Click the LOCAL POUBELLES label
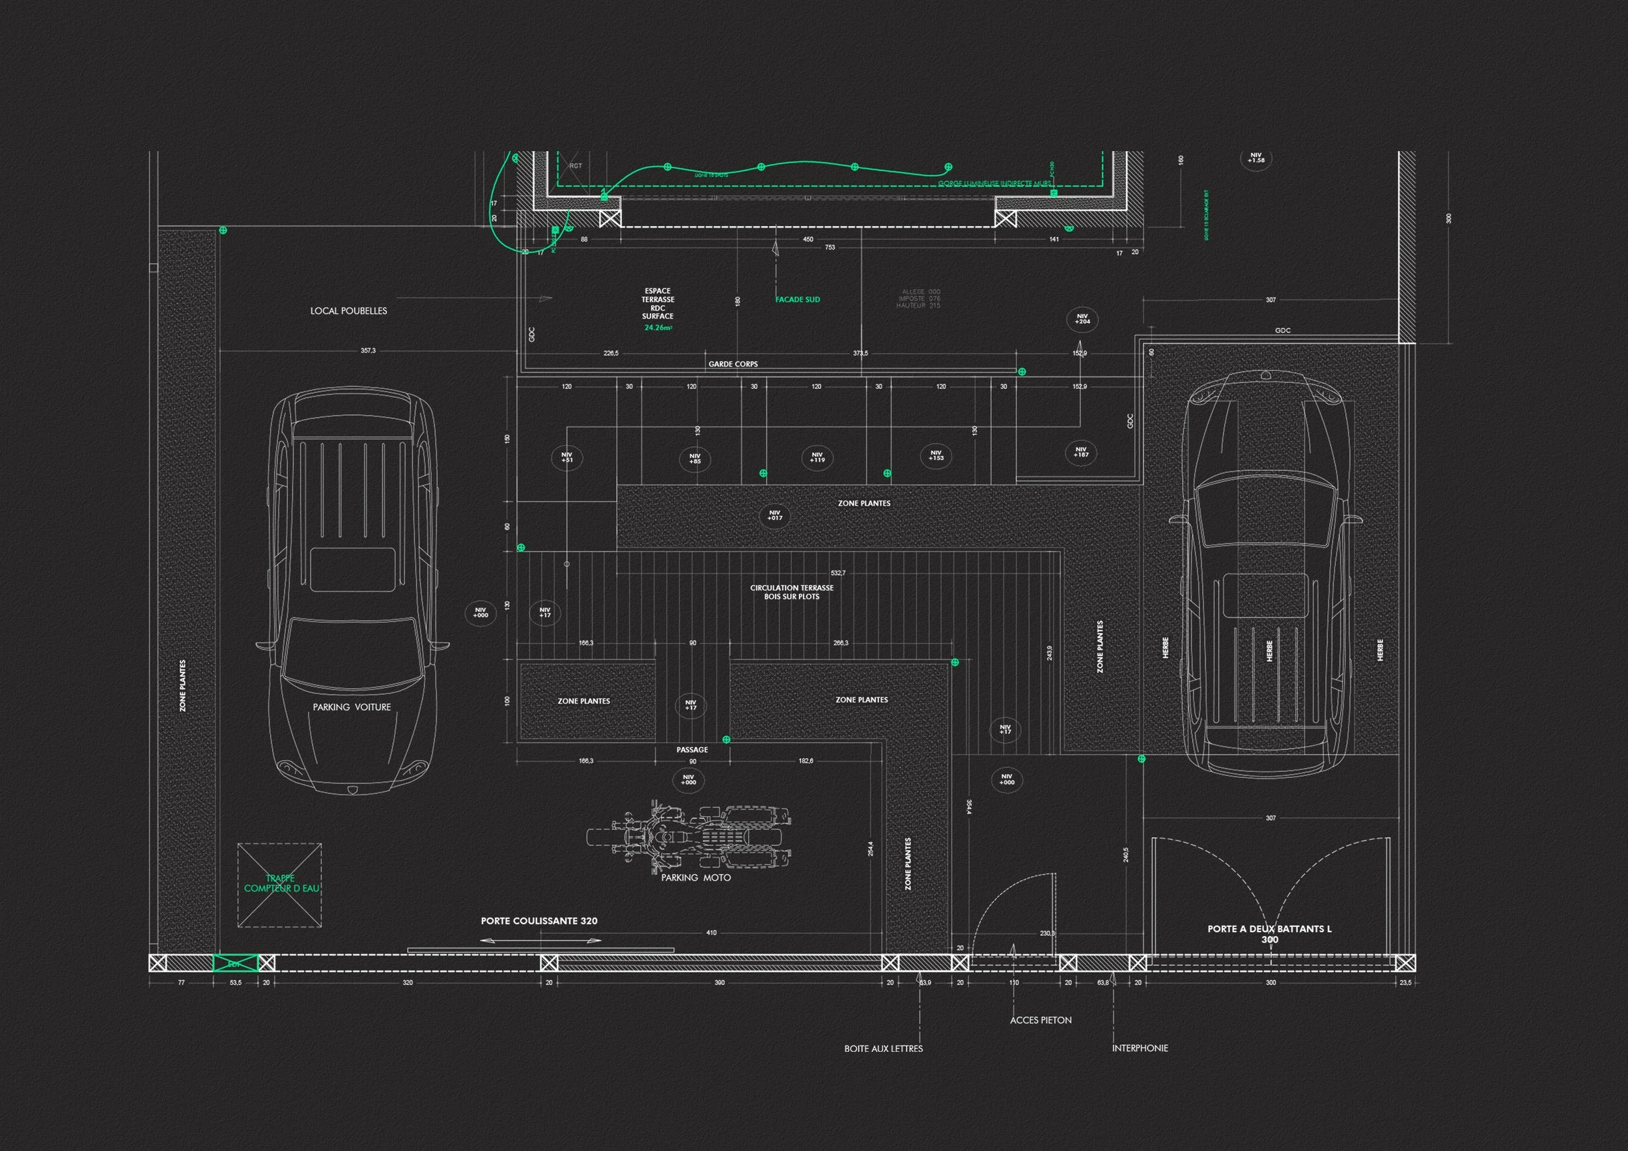(x=348, y=311)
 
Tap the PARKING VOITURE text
(x=352, y=707)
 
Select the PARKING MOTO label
(x=695, y=878)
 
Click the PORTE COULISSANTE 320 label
(x=539, y=921)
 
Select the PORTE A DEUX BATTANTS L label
(x=1269, y=929)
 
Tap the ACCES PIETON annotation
(x=1040, y=1021)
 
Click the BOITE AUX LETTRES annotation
(x=884, y=1048)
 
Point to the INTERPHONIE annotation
(x=1140, y=1048)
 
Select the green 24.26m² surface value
(x=658, y=328)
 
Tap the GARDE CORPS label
(x=733, y=365)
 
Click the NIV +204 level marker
(x=1082, y=319)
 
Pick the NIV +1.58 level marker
(x=1256, y=158)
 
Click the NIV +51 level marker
(x=567, y=457)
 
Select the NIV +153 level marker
(x=936, y=455)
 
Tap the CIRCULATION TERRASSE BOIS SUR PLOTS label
(x=791, y=592)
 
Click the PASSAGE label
(x=692, y=750)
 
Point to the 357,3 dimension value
(x=368, y=351)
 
